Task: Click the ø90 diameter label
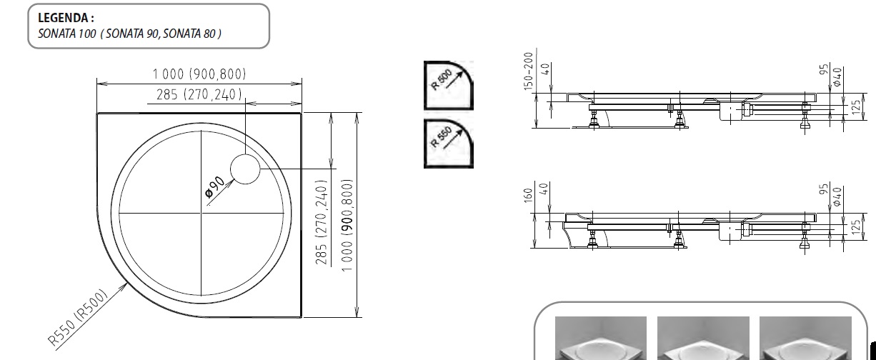coord(215,185)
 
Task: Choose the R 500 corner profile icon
coord(448,85)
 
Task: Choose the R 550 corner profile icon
coord(448,143)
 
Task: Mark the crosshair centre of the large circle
coord(202,215)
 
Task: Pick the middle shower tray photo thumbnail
coord(702,339)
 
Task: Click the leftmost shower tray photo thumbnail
coord(601,339)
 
